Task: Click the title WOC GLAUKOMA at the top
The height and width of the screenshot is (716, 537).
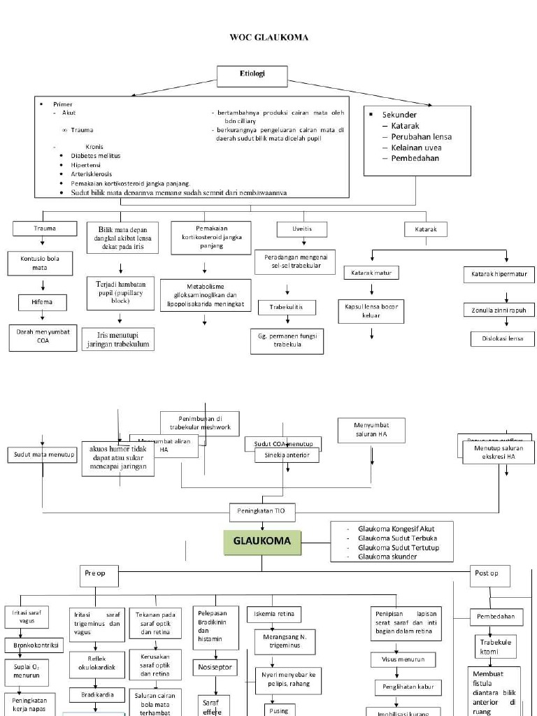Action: (269, 37)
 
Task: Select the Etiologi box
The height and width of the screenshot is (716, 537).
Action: (252, 74)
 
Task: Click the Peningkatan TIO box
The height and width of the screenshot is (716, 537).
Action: (262, 511)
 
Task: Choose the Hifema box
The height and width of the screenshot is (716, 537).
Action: (43, 302)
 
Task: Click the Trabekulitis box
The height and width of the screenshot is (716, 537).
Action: (287, 307)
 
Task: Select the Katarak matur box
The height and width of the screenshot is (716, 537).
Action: (371, 273)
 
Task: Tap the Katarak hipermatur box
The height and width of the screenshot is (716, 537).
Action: (499, 275)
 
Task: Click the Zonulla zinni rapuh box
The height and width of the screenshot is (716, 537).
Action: (499, 310)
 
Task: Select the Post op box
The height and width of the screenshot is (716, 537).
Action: (489, 573)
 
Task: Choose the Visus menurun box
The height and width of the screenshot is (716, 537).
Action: (403, 659)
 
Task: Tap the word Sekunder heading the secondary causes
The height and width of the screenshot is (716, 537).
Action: (399, 114)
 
